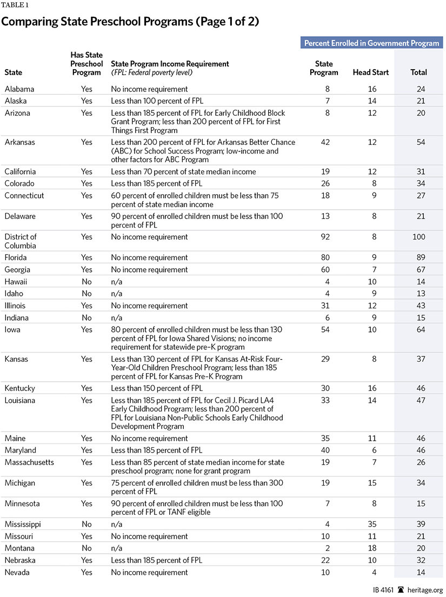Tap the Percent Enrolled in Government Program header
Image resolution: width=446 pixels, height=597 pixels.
pos(371,43)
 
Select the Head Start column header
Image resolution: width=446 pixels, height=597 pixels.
pos(370,72)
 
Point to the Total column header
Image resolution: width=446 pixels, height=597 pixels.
pos(418,72)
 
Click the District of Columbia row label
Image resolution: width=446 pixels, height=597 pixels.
pos(21,241)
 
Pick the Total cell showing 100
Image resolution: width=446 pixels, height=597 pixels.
pos(418,237)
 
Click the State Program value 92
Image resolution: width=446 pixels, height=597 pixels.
pos(324,237)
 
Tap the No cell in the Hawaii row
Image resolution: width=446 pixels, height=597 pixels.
pos(86,282)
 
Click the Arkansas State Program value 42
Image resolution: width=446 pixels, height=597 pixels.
pos(324,142)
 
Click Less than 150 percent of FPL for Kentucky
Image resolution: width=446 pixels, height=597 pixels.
pos(156,388)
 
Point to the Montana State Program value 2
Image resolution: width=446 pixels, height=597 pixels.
pos(324,548)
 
